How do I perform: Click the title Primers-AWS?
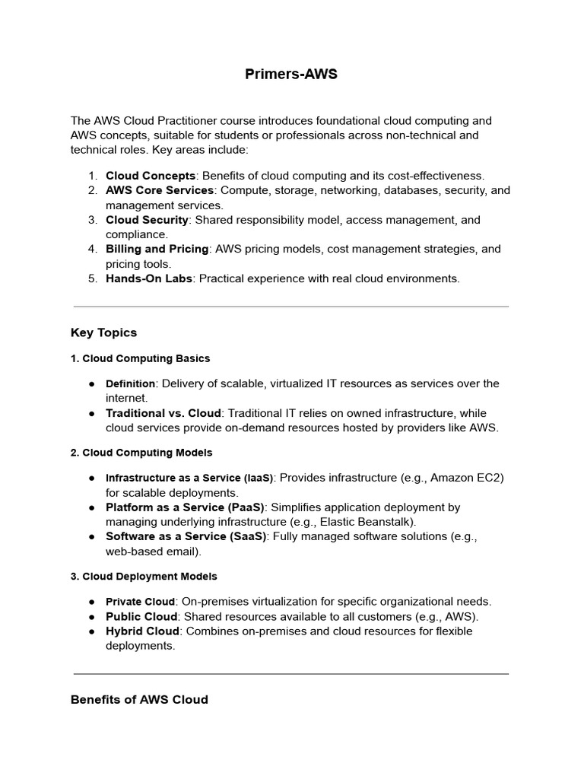click(x=291, y=74)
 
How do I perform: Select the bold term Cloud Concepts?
click(x=151, y=176)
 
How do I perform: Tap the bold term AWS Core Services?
click(x=160, y=190)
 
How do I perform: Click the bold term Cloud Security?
click(x=147, y=220)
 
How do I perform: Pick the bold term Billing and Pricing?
click(x=157, y=249)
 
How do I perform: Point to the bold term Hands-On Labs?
click(x=148, y=278)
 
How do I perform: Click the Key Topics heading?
click(x=103, y=332)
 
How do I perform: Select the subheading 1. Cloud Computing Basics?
click(x=140, y=358)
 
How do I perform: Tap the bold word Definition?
click(x=130, y=384)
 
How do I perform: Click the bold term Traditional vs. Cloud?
click(x=163, y=413)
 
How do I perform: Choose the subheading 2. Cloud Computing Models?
click(x=141, y=453)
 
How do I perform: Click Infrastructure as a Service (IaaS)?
click(x=189, y=478)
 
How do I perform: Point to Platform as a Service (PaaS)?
click(x=185, y=507)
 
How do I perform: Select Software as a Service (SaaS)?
click(x=186, y=536)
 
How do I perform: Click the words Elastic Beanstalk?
click(x=367, y=522)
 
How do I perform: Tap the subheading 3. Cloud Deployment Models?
click(x=144, y=577)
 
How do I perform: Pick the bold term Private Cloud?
click(x=140, y=602)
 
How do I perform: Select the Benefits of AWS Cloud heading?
click(x=139, y=699)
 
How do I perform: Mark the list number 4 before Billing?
click(x=92, y=249)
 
